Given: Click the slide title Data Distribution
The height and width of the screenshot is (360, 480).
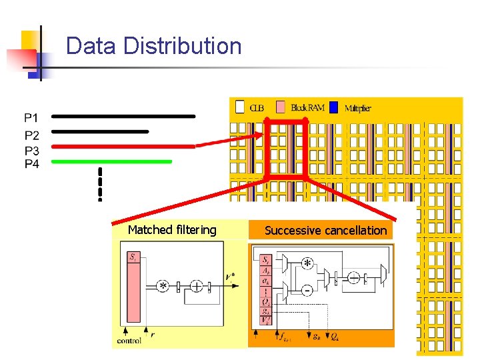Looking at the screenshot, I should coord(153,46).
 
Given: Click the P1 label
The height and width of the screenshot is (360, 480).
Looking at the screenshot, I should coord(31,119).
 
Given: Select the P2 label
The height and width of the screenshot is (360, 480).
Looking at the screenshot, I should coord(31,134).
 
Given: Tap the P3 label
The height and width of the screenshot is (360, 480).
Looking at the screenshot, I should coord(31,149).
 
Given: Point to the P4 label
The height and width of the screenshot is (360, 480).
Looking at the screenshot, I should coord(31,163).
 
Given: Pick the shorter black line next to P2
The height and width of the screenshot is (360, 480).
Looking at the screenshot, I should coord(100,132).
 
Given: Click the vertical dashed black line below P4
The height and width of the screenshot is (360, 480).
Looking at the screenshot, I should coord(100,184).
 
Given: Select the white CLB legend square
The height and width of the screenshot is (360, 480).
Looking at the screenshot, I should coord(240,107).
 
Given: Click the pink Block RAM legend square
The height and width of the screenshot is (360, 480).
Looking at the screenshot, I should coord(281,107).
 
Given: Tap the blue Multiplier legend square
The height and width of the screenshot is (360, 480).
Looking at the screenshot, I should coord(334,107).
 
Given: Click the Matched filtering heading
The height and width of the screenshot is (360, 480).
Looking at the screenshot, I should coord(172,230).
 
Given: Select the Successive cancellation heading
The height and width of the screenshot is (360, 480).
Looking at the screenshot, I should coord(325,231).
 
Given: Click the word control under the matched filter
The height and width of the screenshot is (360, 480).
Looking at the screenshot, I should coord(129,340).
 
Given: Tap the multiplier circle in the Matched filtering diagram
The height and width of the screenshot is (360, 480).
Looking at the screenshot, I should coord(163,286).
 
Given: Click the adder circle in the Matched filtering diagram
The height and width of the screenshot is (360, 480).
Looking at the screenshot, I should coord(197,286).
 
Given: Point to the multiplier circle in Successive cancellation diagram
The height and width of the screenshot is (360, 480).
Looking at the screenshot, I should coord(307,263).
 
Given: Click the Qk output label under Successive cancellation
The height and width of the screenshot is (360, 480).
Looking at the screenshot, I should coord(333,337).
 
